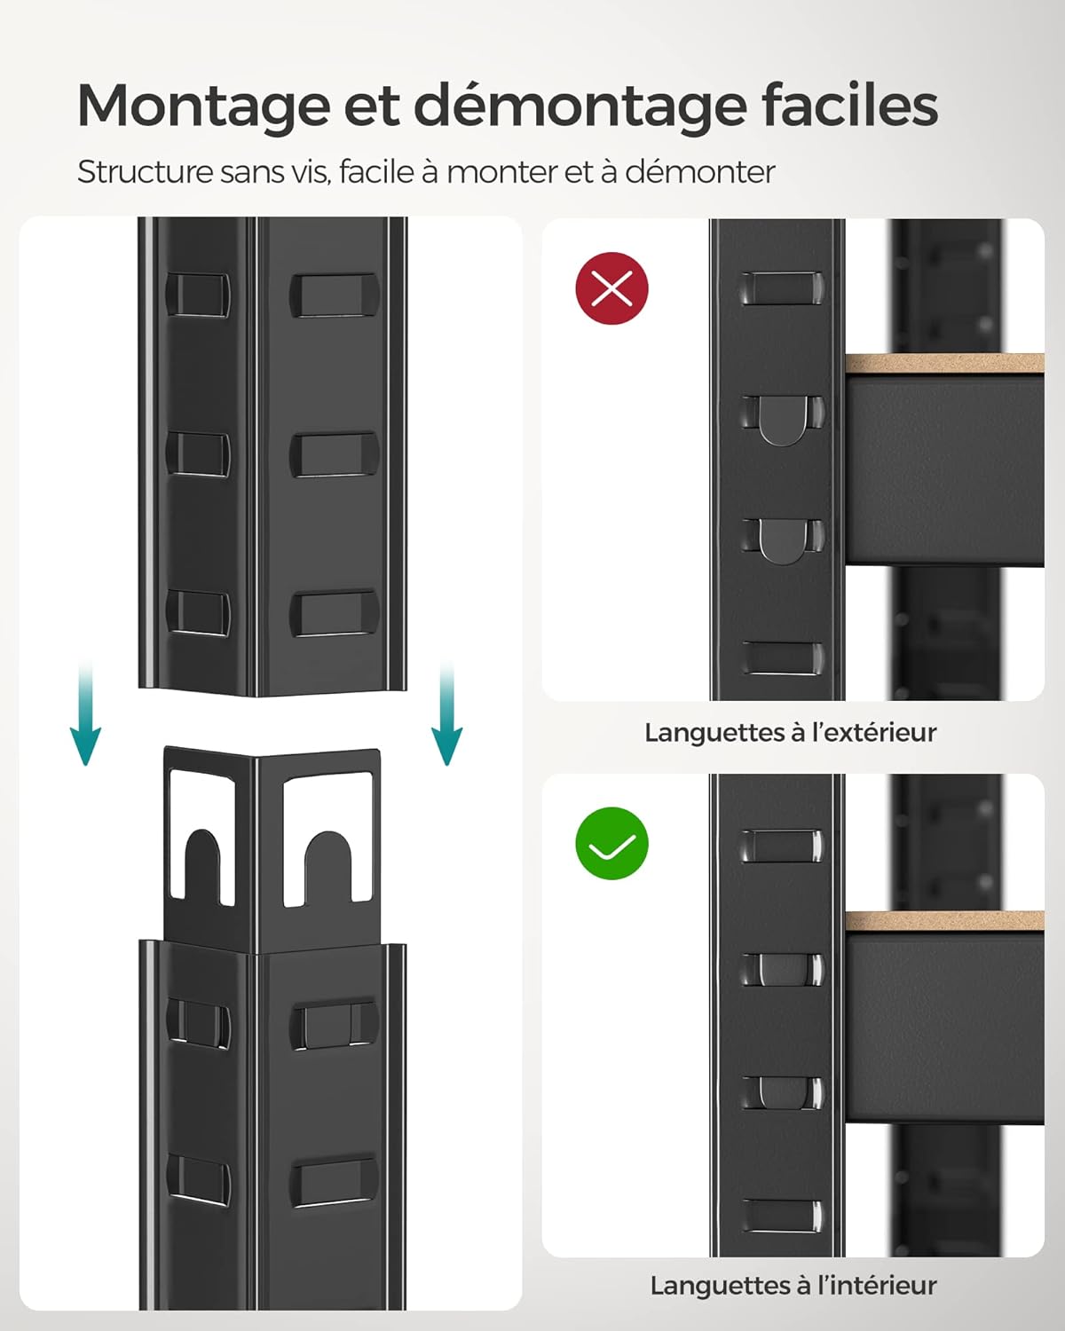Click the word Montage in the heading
[x=201, y=106]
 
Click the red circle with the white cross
[x=612, y=287]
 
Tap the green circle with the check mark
[x=612, y=843]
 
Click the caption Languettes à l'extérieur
[x=790, y=732]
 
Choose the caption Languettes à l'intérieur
[x=793, y=1285]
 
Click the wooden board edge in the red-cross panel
[x=943, y=364]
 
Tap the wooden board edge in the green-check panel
[x=943, y=920]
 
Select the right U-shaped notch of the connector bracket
[x=328, y=865]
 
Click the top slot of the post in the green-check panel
[x=780, y=846]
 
